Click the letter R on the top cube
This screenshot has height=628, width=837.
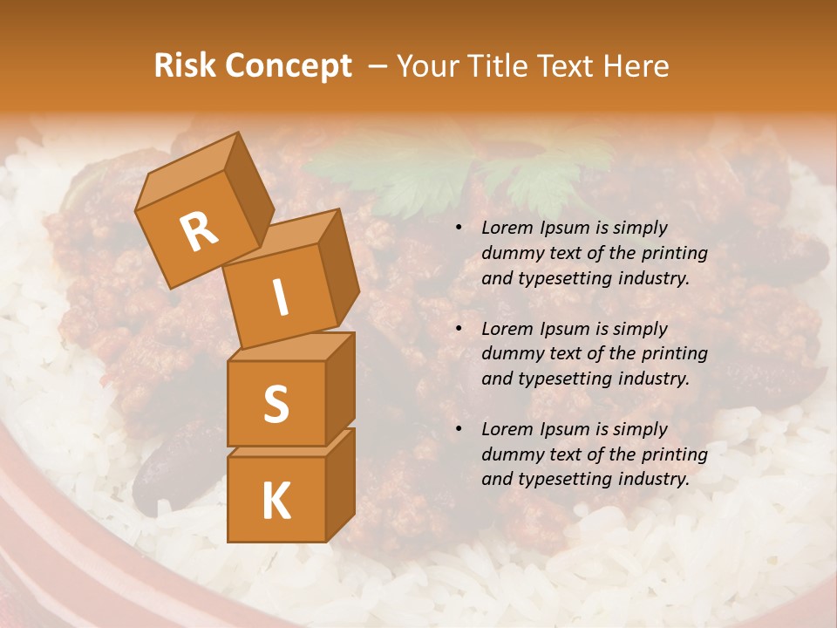click(199, 231)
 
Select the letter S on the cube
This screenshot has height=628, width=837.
click(276, 404)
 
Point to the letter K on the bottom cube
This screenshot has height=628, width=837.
click(276, 502)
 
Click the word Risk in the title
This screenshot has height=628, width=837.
click(184, 66)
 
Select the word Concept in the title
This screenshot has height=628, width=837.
click(287, 67)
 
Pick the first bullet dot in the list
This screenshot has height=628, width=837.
click(459, 229)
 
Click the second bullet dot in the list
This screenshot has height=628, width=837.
click(459, 330)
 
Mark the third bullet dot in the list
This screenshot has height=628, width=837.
click(459, 430)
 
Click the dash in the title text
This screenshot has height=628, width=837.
click(378, 67)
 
